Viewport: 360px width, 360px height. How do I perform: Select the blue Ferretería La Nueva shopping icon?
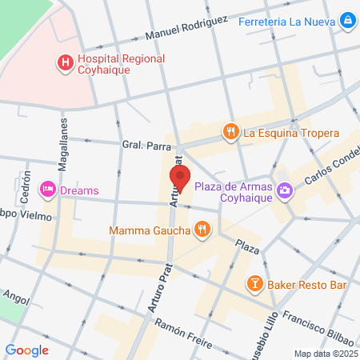click(x=348, y=20)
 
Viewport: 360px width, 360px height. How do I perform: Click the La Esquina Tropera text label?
click(x=291, y=134)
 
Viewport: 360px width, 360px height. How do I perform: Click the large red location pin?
click(x=180, y=179)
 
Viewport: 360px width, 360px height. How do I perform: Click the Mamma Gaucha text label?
click(x=151, y=231)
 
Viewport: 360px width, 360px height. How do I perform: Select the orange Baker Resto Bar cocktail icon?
click(x=254, y=283)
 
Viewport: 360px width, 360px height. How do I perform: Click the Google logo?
click(x=27, y=350)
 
